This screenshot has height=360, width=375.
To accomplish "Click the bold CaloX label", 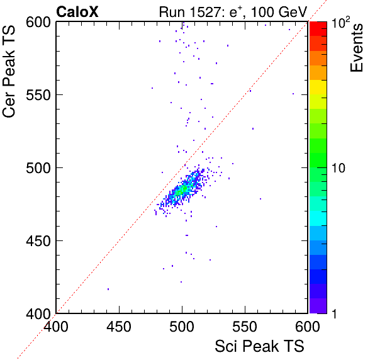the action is pos(77,12).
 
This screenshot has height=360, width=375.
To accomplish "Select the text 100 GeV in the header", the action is pos(279,12).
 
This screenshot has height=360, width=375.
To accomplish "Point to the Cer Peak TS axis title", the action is pos(9,71).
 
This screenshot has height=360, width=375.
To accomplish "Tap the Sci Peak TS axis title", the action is pos(259,346).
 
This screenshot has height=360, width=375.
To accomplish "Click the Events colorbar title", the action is pos(356,48).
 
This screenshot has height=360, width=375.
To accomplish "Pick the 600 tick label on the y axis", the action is pos(38,23).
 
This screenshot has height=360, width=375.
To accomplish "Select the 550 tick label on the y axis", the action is pos(38,95).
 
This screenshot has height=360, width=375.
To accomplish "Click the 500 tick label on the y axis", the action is pos(38,168).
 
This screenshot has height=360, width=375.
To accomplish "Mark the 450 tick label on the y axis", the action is pos(38,241).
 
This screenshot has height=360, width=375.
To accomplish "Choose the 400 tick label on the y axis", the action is pos(38,313).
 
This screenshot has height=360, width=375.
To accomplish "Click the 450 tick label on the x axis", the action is pos(119,327).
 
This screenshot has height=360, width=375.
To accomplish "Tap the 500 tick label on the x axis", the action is pos(182,327).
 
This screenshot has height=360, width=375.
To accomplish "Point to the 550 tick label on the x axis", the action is pos(245,327).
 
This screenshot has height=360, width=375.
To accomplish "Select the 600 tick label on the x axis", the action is pos(308,327).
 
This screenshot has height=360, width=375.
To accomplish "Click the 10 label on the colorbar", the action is pos(339,168).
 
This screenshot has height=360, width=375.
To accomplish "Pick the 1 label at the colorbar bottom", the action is pos(335,313).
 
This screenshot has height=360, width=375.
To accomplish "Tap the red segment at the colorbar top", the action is pos(318,29).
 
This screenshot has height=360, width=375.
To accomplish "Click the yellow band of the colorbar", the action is pos(318,87).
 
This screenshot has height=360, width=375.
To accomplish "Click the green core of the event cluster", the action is pos(182,191).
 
